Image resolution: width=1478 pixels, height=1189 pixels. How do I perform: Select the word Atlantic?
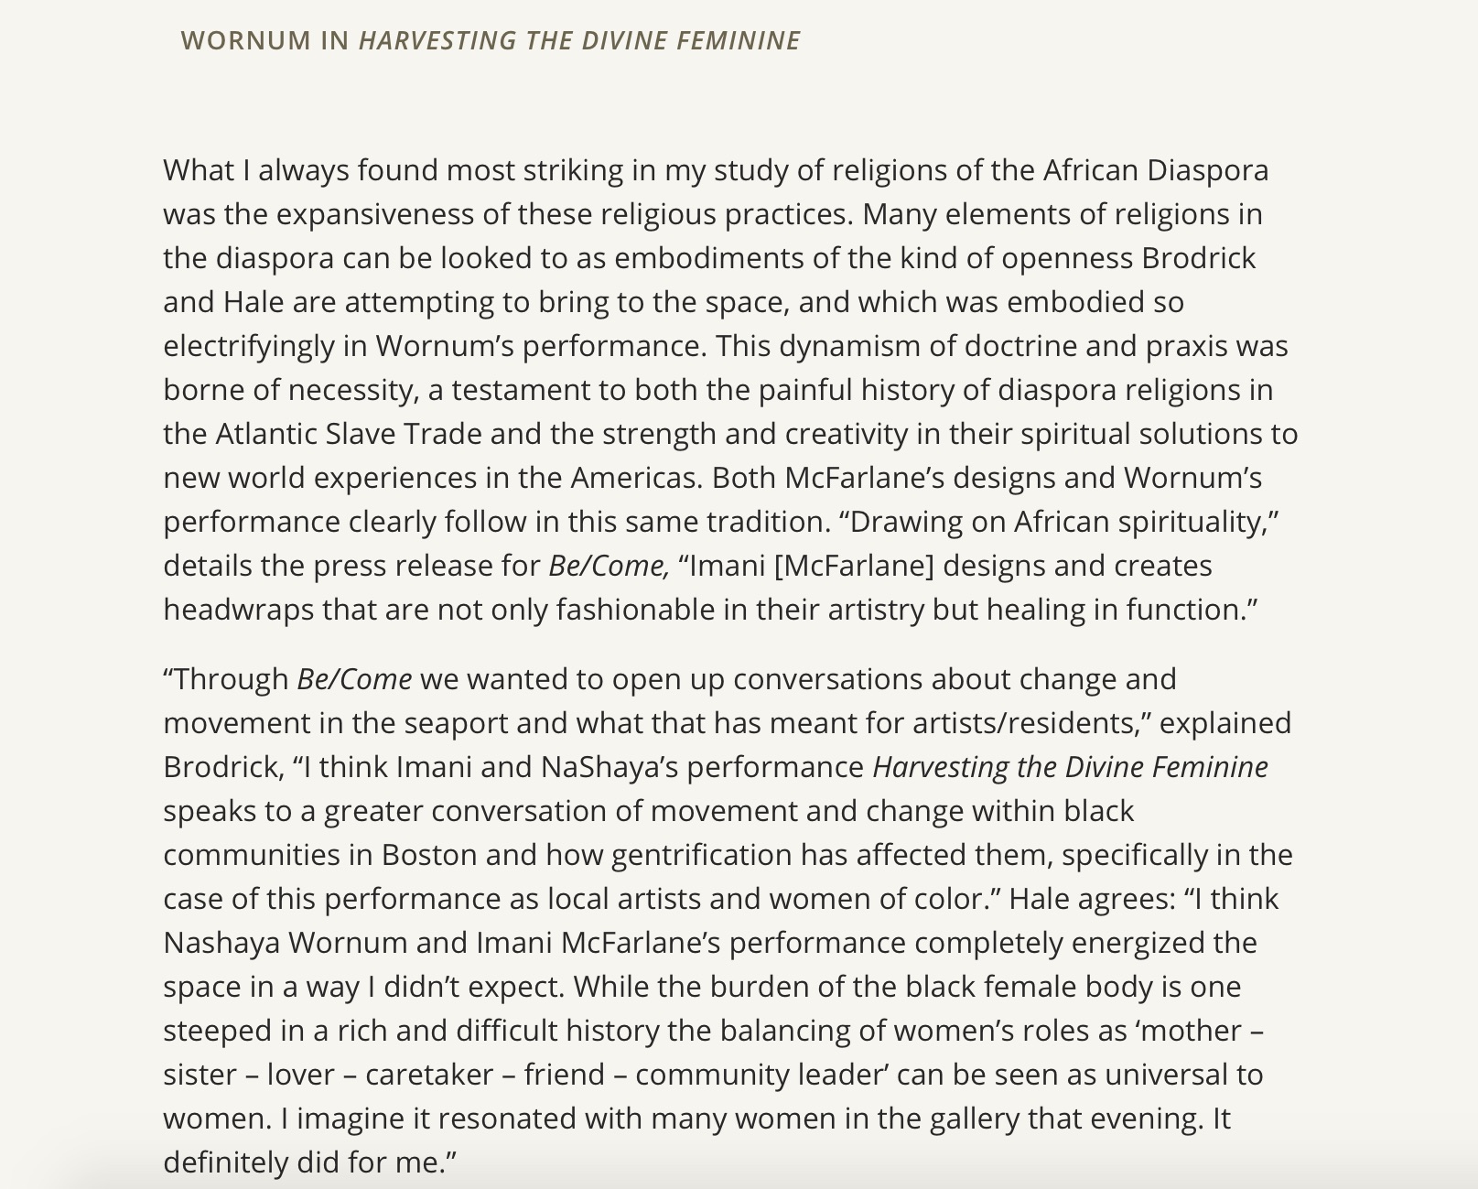(266, 434)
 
